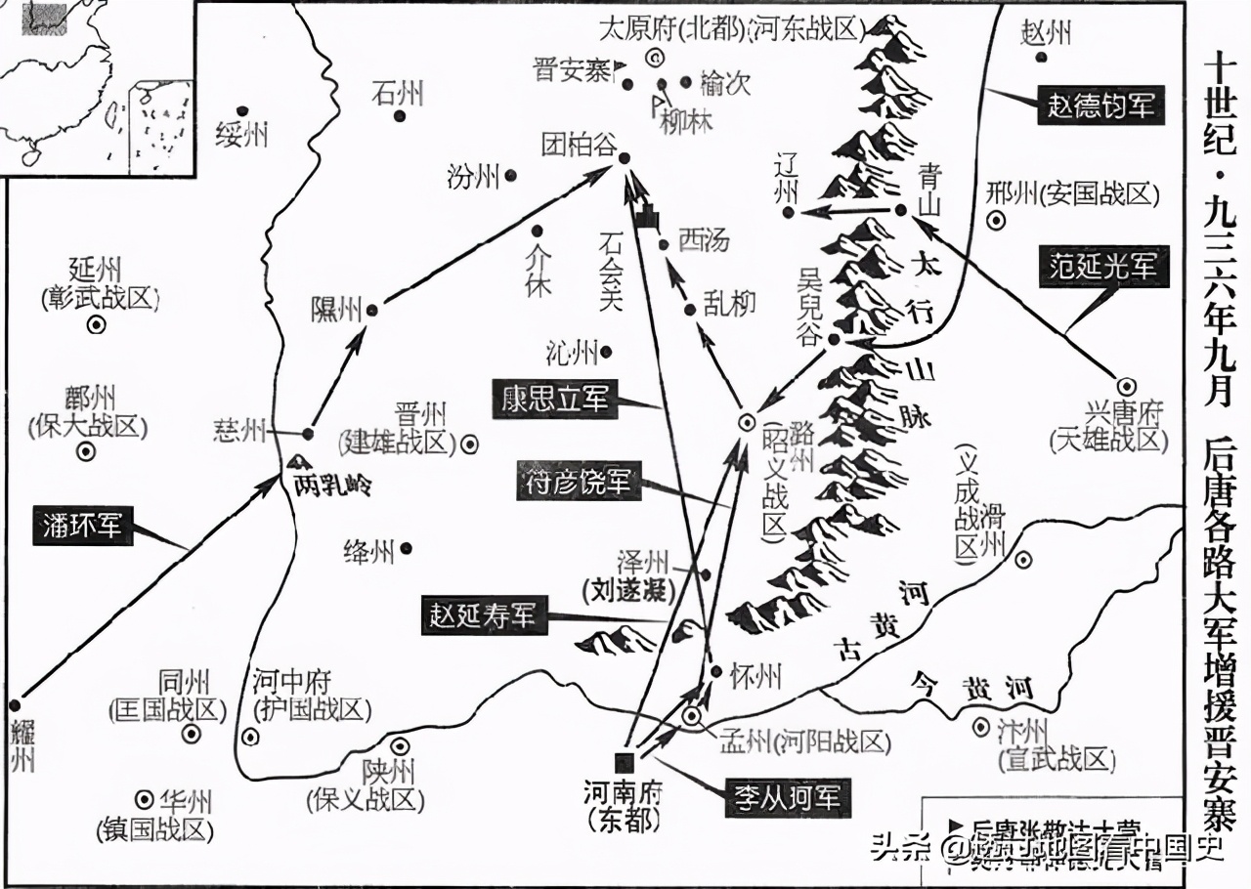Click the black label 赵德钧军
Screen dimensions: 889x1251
[1101, 106]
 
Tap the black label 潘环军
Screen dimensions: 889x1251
[83, 526]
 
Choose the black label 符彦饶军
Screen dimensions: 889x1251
[579, 482]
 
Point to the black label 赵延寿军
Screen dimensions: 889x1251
[483, 617]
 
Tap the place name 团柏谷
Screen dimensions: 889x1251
[579, 147]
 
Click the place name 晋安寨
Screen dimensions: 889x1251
[573, 70]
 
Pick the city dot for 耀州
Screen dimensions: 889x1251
[15, 704]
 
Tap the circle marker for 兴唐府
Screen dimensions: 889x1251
[1125, 386]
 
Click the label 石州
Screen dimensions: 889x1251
[398, 94]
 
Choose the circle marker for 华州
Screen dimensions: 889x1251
[145, 797]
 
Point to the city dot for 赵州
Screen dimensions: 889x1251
[1043, 57]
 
